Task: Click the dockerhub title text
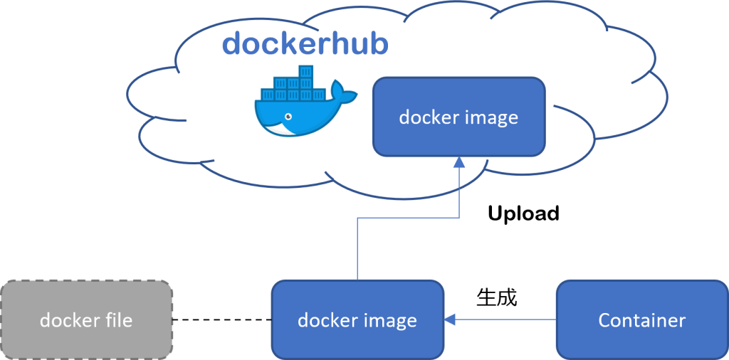(x=305, y=43)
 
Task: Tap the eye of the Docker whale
(x=288, y=117)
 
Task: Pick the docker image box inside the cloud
(x=458, y=117)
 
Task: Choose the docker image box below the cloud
(x=357, y=319)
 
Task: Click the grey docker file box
(x=86, y=319)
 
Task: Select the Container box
(x=641, y=319)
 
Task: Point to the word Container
(x=641, y=320)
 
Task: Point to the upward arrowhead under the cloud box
(x=459, y=163)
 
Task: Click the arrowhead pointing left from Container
(x=450, y=319)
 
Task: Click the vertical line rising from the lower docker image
(x=357, y=249)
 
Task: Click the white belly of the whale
(x=285, y=129)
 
